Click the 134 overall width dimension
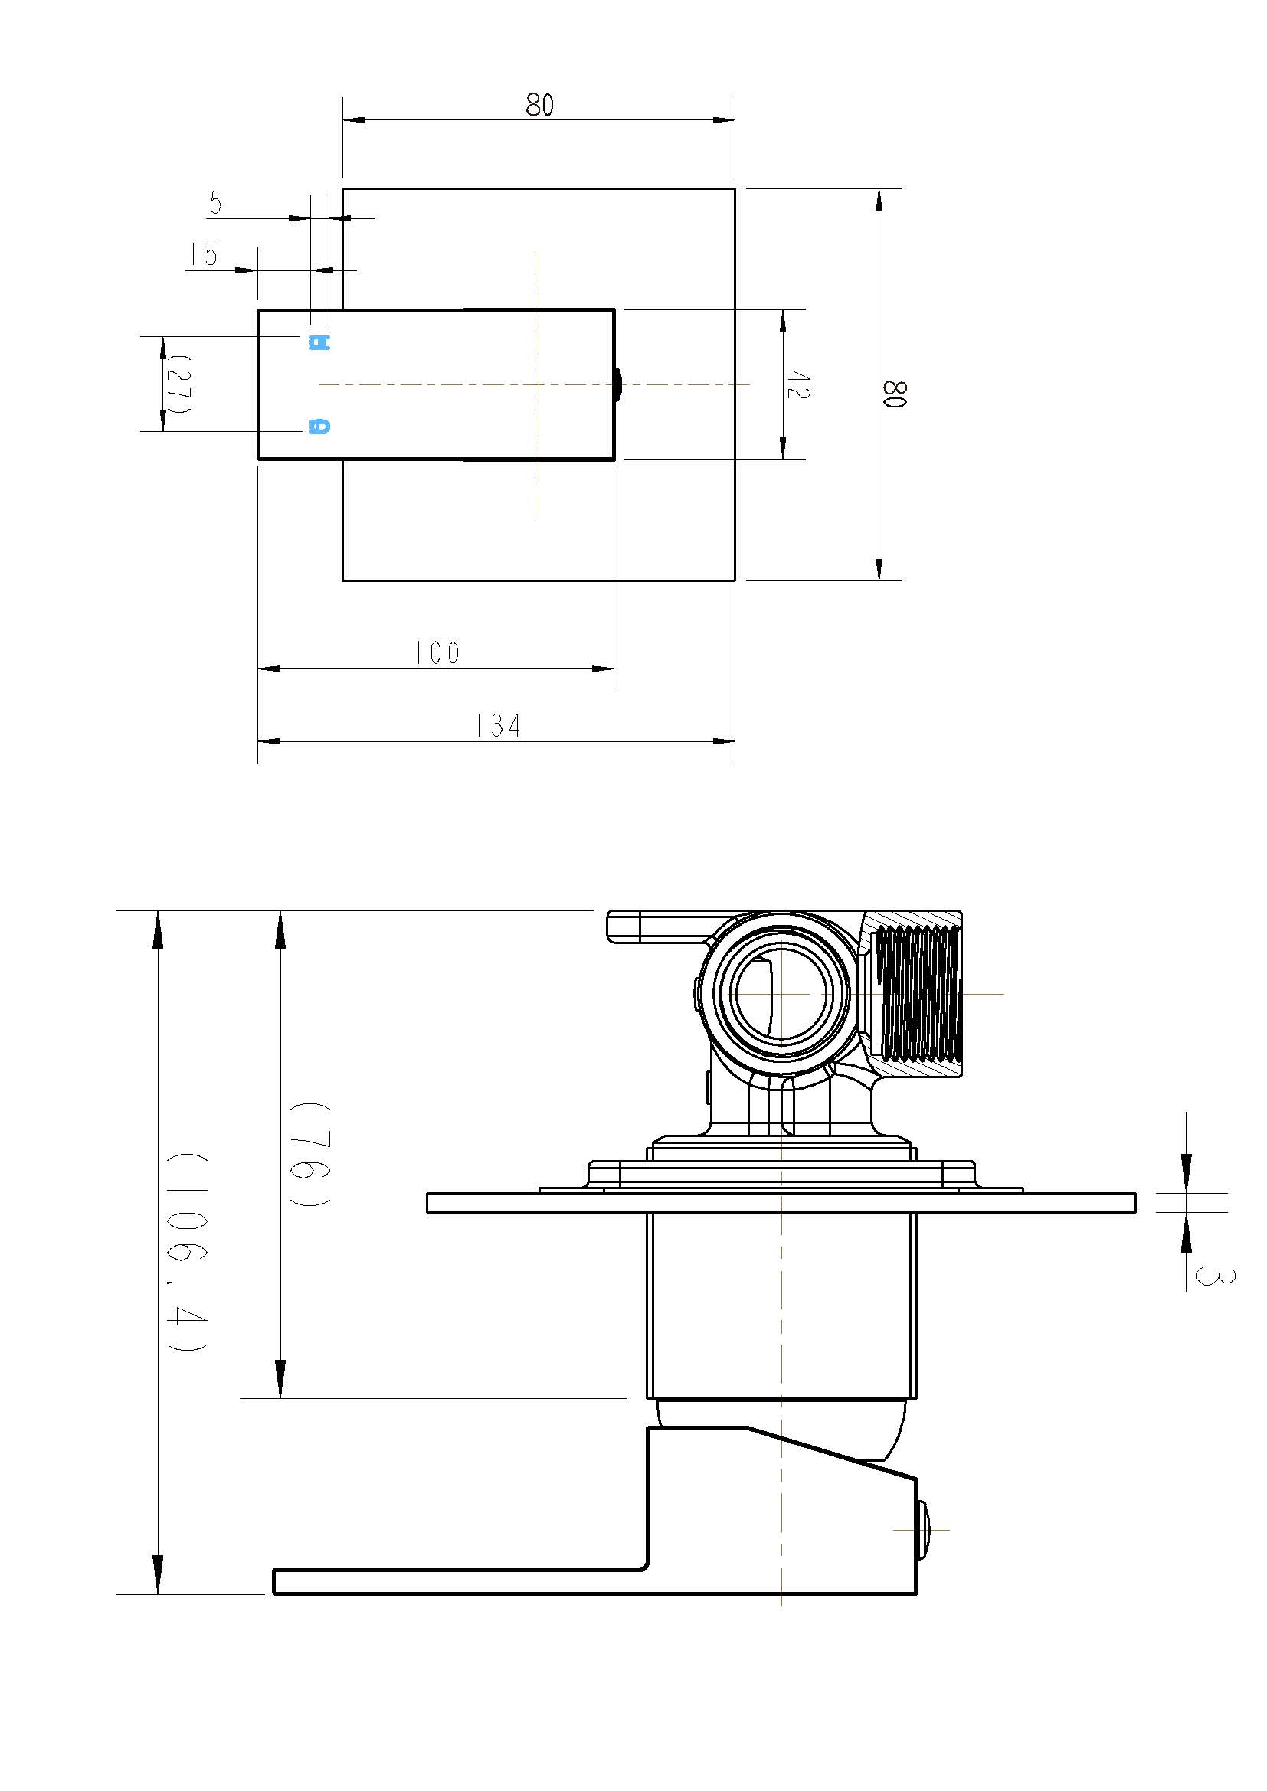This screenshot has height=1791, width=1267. (x=498, y=726)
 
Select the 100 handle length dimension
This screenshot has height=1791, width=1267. (x=437, y=653)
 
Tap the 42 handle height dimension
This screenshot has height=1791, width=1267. (x=798, y=385)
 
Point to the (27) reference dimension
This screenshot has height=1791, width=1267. (x=176, y=384)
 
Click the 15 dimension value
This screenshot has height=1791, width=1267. (x=204, y=254)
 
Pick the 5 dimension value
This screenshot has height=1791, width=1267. (x=216, y=203)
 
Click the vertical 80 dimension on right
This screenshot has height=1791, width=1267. (x=894, y=393)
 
